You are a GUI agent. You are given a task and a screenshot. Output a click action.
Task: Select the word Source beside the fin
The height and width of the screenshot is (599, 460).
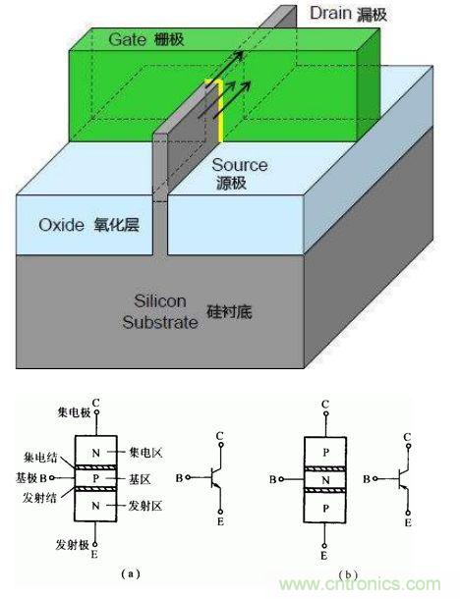click(239, 167)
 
